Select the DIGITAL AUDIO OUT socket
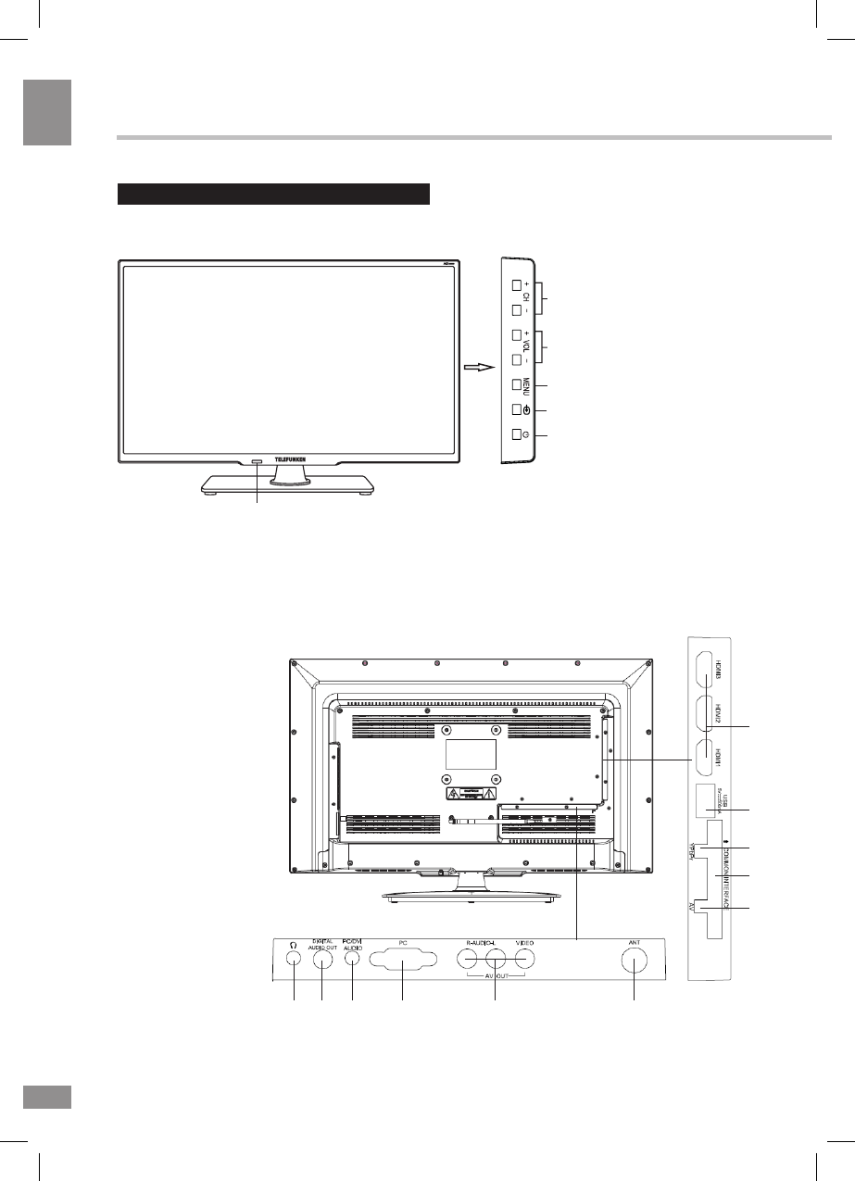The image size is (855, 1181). (321, 961)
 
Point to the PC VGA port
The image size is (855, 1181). (403, 961)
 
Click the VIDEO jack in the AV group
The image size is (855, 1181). (525, 961)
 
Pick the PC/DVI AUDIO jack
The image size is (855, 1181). (352, 961)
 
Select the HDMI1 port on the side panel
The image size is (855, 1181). (709, 757)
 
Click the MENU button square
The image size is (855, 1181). (517, 385)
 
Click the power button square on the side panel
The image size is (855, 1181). (517, 436)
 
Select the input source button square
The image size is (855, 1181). (517, 410)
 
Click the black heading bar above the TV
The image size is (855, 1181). (274, 194)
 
